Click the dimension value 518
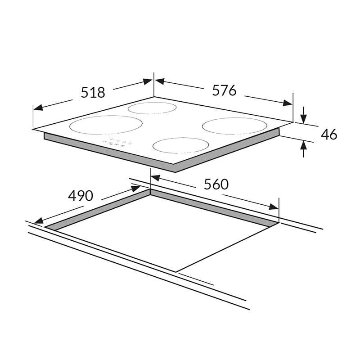click(x=93, y=92)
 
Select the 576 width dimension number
click(x=224, y=90)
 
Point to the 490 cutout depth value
click(x=81, y=196)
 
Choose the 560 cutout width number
click(x=216, y=184)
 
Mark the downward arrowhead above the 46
click(x=304, y=118)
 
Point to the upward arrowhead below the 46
click(x=304, y=145)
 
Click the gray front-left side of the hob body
click(x=108, y=151)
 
